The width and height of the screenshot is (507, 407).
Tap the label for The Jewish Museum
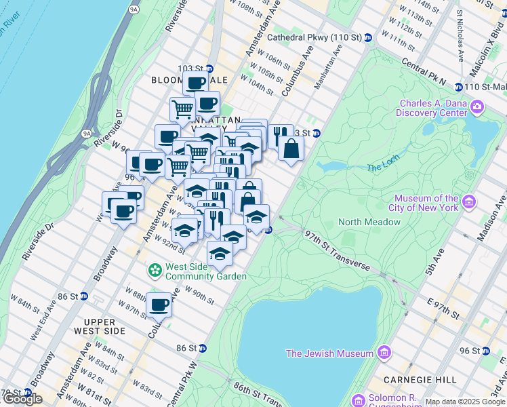329,353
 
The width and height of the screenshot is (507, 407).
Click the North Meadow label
369,222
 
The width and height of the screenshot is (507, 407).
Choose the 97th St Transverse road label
338,249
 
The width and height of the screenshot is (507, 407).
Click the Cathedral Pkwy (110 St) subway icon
368,37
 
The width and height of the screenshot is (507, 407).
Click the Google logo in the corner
22,399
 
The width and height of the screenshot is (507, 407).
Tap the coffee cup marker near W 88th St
159,305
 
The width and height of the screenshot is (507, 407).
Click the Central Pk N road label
424,71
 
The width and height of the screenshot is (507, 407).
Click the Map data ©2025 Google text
465,402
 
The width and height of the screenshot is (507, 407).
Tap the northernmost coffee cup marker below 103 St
196,83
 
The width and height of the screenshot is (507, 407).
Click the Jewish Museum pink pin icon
384,353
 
